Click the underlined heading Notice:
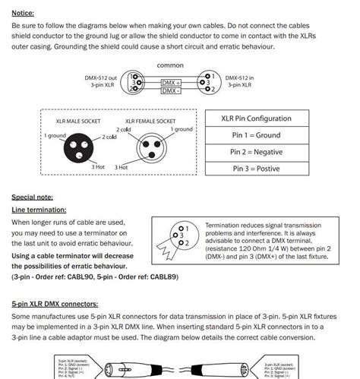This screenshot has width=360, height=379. pyautogui.click(x=23, y=13)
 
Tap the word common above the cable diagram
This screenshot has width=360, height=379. pyautogui.click(x=170, y=65)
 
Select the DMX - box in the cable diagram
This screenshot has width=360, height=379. pyautogui.click(x=172, y=90)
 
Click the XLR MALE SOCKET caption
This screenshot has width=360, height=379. pyautogui.click(x=77, y=122)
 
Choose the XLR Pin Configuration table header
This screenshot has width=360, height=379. pyautogui.click(x=256, y=119)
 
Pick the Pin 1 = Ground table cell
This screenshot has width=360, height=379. pyautogui.click(x=256, y=135)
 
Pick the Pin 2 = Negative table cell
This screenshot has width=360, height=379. pyautogui.click(x=256, y=152)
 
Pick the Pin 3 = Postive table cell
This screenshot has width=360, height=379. pyautogui.click(x=256, y=169)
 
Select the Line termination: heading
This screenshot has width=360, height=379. pyautogui.click(x=39, y=209)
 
